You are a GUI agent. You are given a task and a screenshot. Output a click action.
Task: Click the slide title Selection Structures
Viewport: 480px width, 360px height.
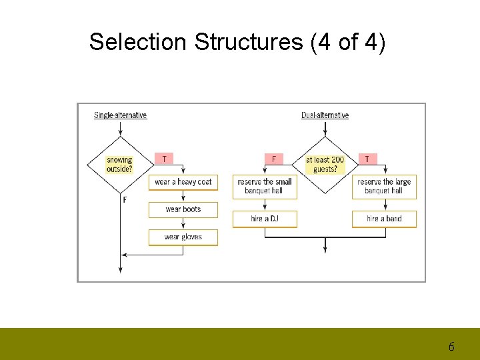pyautogui.click(x=237, y=42)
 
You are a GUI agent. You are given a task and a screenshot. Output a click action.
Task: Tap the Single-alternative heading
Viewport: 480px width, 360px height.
pyautogui.click(x=120, y=115)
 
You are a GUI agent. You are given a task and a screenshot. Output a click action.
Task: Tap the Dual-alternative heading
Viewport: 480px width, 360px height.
pyautogui.click(x=325, y=115)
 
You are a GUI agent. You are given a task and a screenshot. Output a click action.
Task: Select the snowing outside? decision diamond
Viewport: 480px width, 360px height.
pyautogui.click(x=120, y=164)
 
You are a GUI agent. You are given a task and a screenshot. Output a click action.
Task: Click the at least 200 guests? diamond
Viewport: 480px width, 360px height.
pyautogui.click(x=325, y=165)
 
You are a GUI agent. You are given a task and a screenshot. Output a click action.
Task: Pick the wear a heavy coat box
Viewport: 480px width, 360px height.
pyautogui.click(x=183, y=182)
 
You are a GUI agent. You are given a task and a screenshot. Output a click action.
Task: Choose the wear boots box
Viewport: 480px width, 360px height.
pyautogui.click(x=183, y=209)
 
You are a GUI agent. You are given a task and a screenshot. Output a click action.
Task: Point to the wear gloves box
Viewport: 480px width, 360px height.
pyautogui.click(x=183, y=237)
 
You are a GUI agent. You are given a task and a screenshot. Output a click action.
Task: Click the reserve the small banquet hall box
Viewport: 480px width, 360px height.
pyautogui.click(x=265, y=186)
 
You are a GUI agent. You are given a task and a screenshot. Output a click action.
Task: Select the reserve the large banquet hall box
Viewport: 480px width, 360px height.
pyautogui.click(x=384, y=186)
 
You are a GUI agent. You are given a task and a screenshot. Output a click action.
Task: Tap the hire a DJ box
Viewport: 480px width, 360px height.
pyautogui.click(x=265, y=219)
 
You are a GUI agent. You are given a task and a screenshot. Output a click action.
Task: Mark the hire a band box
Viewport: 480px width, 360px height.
pyautogui.click(x=384, y=219)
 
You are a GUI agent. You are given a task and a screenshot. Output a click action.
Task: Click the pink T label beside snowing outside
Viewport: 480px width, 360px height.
pyautogui.click(x=164, y=159)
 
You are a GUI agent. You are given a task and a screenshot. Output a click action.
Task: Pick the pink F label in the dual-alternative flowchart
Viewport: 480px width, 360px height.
pyautogui.click(x=273, y=159)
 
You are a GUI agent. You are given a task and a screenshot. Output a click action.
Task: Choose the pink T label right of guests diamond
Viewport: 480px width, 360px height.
pyautogui.click(x=367, y=159)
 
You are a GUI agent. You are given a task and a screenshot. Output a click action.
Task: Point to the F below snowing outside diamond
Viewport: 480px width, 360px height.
pyautogui.click(x=125, y=199)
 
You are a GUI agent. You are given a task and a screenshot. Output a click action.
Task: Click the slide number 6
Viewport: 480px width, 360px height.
pyautogui.click(x=451, y=347)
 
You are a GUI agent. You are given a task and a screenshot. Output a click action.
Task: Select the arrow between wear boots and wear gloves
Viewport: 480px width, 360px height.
pyautogui.click(x=183, y=223)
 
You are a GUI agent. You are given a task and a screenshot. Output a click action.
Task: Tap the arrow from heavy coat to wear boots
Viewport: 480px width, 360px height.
pyautogui.click(x=183, y=196)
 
